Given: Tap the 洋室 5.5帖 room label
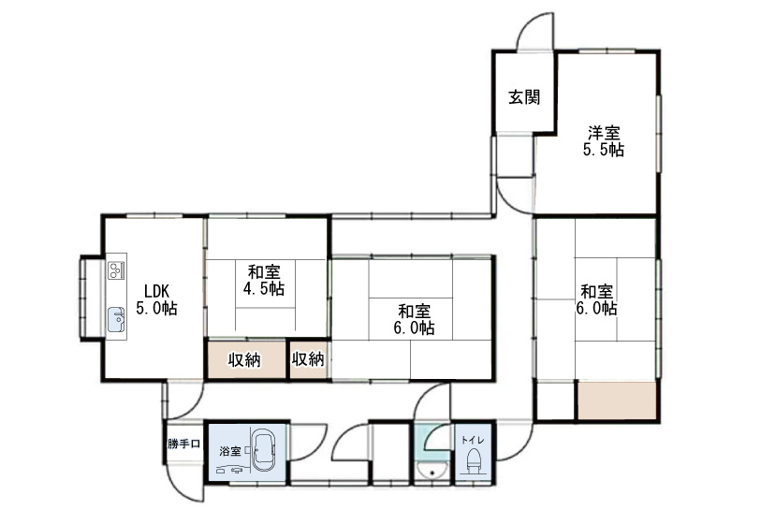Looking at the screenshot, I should (605, 140).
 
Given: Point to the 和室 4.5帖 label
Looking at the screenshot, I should (265, 280).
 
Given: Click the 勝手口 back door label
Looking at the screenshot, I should (183, 444).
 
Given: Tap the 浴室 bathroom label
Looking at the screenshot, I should (230, 451).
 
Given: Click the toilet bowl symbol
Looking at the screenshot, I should (473, 462).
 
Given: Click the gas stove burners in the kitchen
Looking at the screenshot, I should (117, 271).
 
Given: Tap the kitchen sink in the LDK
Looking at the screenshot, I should (117, 318).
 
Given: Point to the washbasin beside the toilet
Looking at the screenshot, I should (432, 468).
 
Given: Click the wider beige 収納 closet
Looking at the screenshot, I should (243, 359).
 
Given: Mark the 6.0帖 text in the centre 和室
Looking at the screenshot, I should (413, 328).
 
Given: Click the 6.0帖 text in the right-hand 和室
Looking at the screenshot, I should (596, 308).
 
